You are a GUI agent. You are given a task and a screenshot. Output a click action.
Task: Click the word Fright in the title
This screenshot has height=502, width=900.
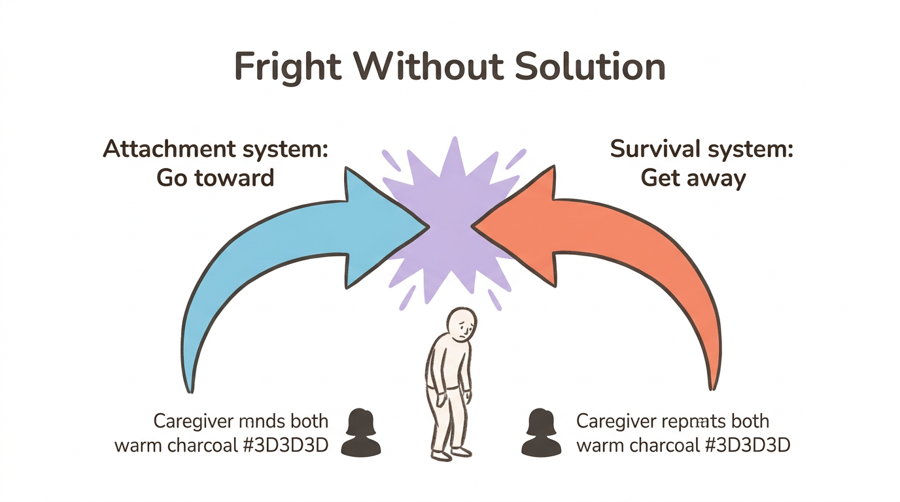coord(288,67)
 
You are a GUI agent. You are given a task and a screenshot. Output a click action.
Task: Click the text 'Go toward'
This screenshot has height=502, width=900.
coord(215,178)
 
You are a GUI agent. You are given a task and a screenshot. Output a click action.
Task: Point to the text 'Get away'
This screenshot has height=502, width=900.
coord(693,178)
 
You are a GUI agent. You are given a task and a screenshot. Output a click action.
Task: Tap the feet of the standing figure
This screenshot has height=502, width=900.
coord(451,452)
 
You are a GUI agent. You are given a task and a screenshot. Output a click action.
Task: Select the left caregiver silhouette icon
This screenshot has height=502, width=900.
coord(361,433)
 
